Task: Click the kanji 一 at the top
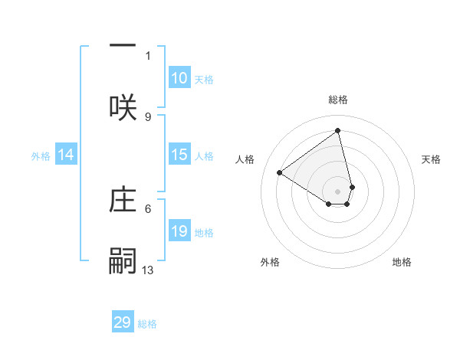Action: click(123, 45)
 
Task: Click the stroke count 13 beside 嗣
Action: click(148, 270)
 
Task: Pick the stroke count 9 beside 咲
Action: click(148, 116)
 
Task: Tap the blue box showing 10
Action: click(179, 78)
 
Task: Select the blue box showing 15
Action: click(179, 155)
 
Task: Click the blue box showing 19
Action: click(179, 231)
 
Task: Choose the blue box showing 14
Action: click(66, 155)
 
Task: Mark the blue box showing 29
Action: click(123, 322)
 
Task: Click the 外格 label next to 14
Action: click(41, 156)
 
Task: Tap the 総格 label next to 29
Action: click(147, 324)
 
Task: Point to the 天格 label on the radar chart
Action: click(431, 159)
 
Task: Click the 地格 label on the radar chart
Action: click(402, 262)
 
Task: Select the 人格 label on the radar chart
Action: click(245, 159)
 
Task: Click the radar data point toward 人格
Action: click(280, 173)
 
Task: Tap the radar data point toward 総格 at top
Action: click(338, 130)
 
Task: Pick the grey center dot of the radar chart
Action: click(338, 191)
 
